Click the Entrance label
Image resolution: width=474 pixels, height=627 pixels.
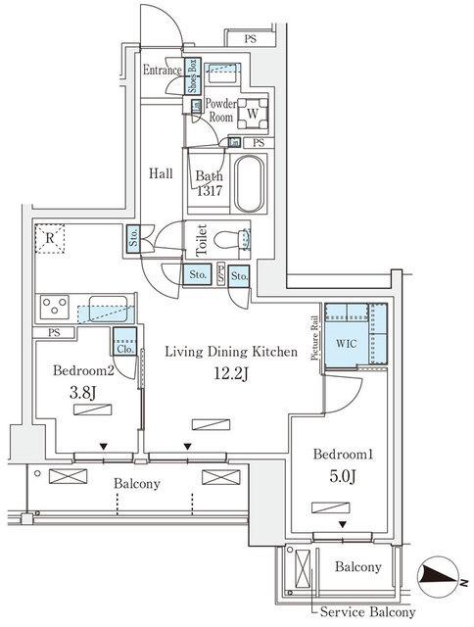point(162,71)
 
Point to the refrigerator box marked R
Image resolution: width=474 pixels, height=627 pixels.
point(48,237)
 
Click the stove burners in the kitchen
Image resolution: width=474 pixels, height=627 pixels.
point(52,309)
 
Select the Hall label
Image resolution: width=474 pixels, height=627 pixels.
point(161,173)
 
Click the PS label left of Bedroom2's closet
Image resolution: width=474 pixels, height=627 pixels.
point(53,332)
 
